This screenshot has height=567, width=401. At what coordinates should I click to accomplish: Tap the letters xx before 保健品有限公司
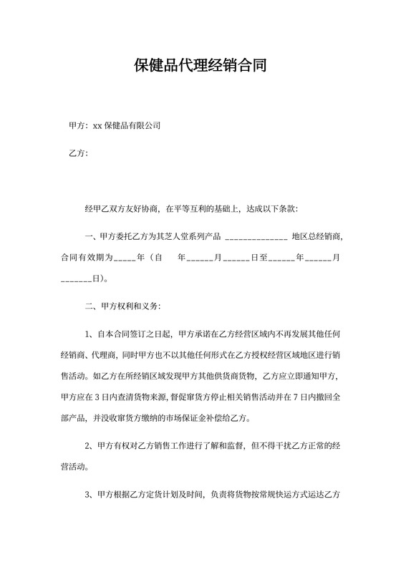[x=97, y=126]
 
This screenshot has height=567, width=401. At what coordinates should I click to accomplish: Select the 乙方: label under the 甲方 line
[x=77, y=154]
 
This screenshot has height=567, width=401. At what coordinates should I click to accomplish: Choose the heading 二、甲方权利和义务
[x=122, y=306]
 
